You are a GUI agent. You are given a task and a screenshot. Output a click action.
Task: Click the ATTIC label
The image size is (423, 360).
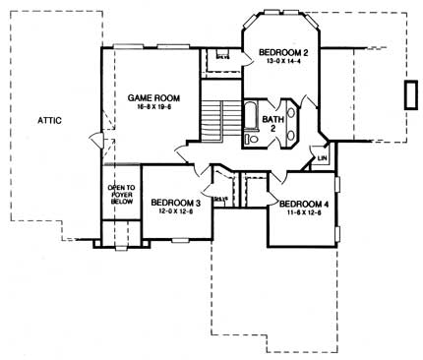tap(49, 119)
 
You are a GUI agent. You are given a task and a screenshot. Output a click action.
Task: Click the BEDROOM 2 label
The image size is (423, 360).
tap(283, 51)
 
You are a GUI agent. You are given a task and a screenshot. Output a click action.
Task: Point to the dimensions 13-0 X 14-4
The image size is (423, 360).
tap(283, 61)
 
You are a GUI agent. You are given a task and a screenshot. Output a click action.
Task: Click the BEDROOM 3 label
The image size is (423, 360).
tap(176, 204)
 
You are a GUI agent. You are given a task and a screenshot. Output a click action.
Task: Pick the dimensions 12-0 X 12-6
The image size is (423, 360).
tap(176, 213)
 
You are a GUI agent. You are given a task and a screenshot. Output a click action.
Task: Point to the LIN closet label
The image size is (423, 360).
tap(322, 157)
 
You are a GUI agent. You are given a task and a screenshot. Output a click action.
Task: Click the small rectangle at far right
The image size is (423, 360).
tap(408, 95)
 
